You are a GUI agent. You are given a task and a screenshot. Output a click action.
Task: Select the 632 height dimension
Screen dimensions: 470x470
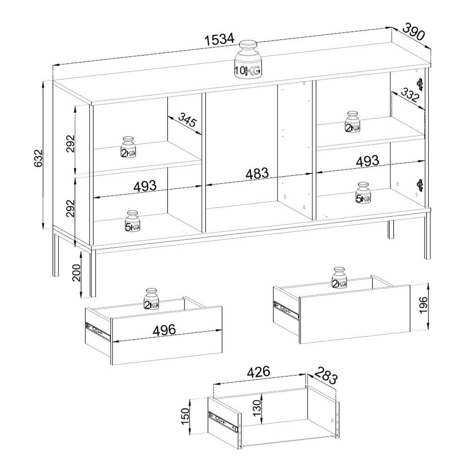[38, 159]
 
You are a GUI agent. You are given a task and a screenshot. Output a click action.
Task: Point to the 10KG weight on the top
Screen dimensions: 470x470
[248, 60]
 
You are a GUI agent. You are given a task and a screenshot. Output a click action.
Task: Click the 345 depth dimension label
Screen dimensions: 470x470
[187, 119]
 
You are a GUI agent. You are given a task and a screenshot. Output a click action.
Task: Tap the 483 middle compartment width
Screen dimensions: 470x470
[257, 174]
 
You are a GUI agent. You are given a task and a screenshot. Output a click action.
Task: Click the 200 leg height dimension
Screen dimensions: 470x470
[76, 273]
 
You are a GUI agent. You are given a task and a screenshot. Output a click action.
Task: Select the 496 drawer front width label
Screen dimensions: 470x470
[164, 330]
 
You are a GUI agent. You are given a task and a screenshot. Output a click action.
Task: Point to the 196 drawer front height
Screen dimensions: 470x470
[423, 305]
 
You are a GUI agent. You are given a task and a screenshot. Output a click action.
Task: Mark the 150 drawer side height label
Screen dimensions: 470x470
[185, 416]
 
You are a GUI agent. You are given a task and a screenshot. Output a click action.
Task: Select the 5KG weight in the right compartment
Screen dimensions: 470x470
[363, 192]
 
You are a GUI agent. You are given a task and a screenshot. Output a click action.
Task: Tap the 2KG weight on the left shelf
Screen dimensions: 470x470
[128, 147]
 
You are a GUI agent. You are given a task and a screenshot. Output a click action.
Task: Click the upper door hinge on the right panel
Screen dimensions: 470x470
[420, 84]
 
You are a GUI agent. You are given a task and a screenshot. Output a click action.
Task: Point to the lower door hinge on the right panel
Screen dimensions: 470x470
[420, 185]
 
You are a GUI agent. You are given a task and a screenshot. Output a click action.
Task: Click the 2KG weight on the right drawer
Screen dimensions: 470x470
[339, 278]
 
